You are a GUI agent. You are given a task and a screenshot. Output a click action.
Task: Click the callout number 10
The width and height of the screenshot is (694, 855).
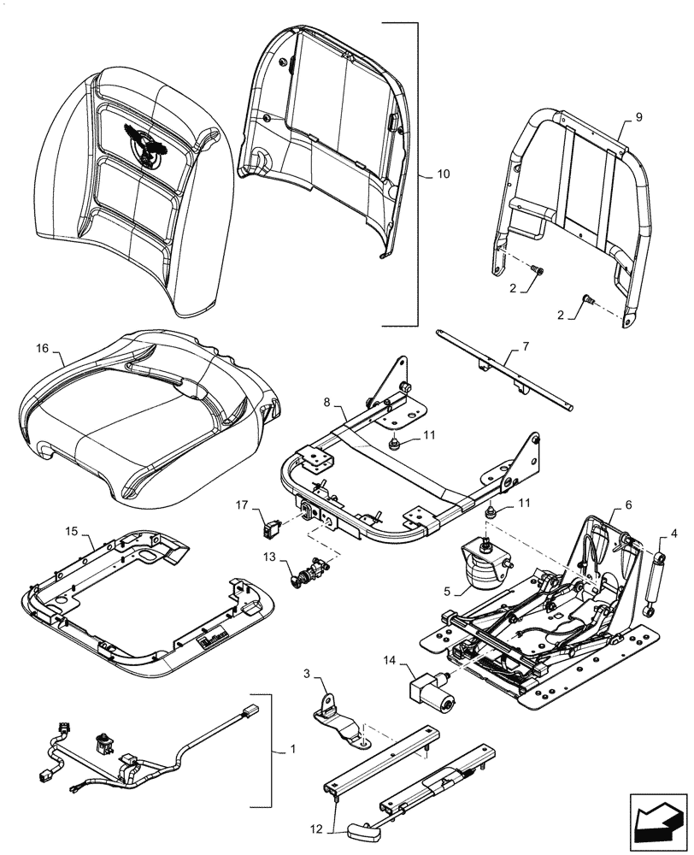click(442, 174)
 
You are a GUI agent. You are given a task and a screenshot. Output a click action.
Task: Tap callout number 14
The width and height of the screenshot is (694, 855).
click(391, 660)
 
